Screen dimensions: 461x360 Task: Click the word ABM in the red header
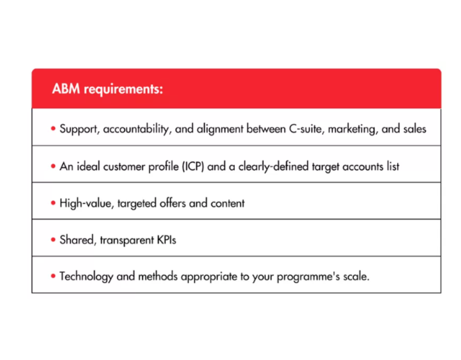pos(66,88)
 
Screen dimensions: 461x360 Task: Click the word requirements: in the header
pos(123,89)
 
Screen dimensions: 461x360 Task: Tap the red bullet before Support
pos(53,129)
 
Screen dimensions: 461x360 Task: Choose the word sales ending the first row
pos(414,129)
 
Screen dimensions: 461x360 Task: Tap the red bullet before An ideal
pos(53,166)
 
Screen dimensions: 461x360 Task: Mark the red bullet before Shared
pos(53,240)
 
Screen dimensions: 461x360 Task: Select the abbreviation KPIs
pos(167,240)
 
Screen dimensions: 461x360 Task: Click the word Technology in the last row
pos(86,277)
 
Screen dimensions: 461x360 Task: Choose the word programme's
pos(308,277)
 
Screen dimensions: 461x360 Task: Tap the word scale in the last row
pos(355,276)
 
